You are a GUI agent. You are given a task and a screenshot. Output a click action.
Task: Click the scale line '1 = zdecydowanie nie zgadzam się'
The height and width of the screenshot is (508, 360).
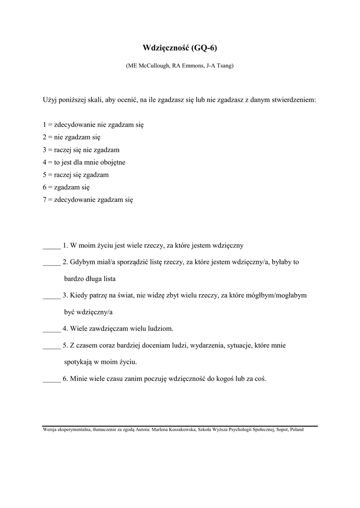pyautogui.click(x=93, y=125)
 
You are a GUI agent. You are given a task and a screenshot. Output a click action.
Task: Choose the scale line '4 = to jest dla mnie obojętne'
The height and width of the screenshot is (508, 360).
pyautogui.click(x=84, y=162)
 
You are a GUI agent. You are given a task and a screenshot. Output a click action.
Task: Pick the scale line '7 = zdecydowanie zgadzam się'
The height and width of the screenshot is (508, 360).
pyautogui.click(x=88, y=200)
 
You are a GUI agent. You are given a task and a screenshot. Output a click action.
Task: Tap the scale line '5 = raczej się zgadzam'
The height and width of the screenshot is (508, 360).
pyautogui.click(x=75, y=175)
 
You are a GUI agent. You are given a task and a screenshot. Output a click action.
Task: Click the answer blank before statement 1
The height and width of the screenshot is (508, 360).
pyautogui.click(x=52, y=246)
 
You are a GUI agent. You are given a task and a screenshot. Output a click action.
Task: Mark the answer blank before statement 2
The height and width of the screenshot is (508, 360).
pyautogui.click(x=52, y=262)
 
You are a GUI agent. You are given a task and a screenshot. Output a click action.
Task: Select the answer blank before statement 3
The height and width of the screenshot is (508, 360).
pyautogui.click(x=52, y=296)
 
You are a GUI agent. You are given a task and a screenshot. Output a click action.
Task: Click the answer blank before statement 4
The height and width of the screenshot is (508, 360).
pyautogui.click(x=52, y=329)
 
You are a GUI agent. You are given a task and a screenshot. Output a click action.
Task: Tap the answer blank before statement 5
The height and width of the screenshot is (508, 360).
pyautogui.click(x=52, y=345)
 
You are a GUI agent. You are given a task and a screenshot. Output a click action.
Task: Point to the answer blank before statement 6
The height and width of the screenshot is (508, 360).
pyautogui.click(x=52, y=379)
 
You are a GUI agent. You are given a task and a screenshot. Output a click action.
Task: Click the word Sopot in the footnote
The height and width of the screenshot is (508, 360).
pyautogui.click(x=283, y=430)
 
